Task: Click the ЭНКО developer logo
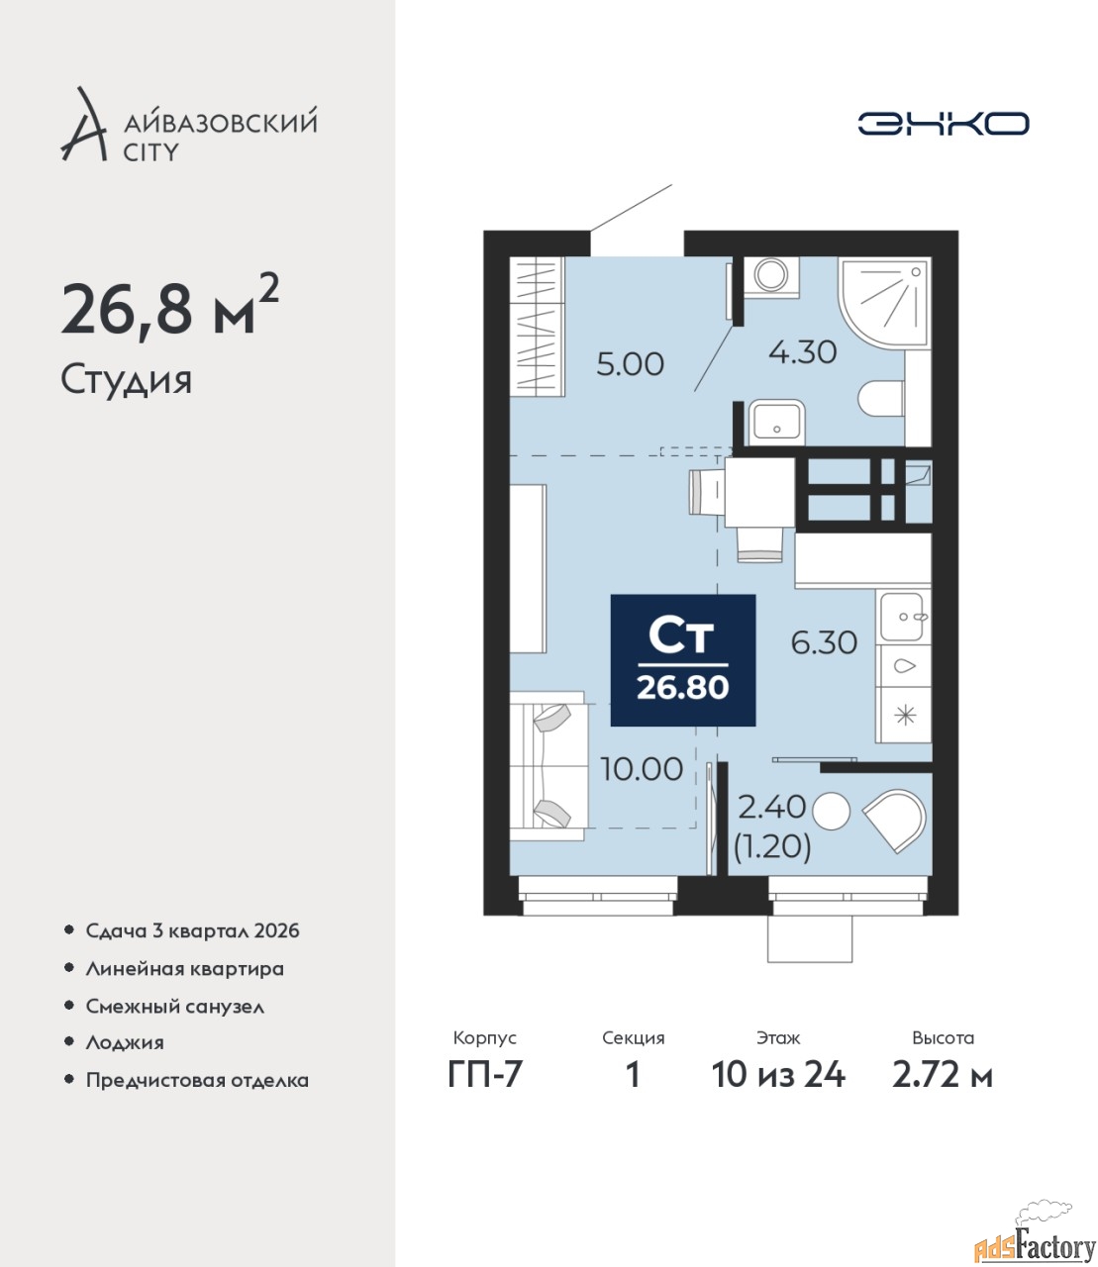tap(943, 123)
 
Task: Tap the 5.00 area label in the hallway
tap(630, 364)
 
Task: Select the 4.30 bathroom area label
tap(803, 351)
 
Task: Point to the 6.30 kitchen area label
tap(824, 643)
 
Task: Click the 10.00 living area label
tap(642, 769)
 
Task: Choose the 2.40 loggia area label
tap(771, 807)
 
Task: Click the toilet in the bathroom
tap(881, 399)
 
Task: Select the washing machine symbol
tap(770, 276)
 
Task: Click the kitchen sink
tap(902, 617)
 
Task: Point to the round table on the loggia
tap(831, 811)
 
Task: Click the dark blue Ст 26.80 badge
tap(682, 660)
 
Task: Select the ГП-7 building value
tap(484, 1075)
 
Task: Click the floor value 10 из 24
tap(778, 1075)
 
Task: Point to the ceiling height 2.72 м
tap(943, 1075)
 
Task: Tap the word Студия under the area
tap(127, 381)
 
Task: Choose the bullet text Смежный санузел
tap(174, 1007)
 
